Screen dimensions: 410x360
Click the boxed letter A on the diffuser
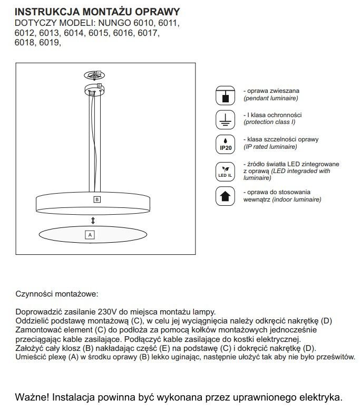[x=90, y=234]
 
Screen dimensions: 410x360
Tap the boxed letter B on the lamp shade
[x=96, y=199]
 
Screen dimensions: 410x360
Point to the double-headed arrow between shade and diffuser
[x=93, y=220]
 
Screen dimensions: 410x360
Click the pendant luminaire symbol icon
[x=225, y=96]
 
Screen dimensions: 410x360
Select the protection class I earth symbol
[x=225, y=119]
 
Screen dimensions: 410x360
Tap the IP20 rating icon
[x=225, y=145]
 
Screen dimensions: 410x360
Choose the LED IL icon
[x=225, y=170]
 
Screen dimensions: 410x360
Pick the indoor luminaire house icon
[x=225, y=195]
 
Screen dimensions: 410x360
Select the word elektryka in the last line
[x=320, y=396]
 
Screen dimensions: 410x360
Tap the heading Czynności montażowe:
[x=57, y=293]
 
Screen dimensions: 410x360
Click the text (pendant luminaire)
[x=270, y=98]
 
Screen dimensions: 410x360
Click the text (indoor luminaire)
[x=298, y=200]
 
